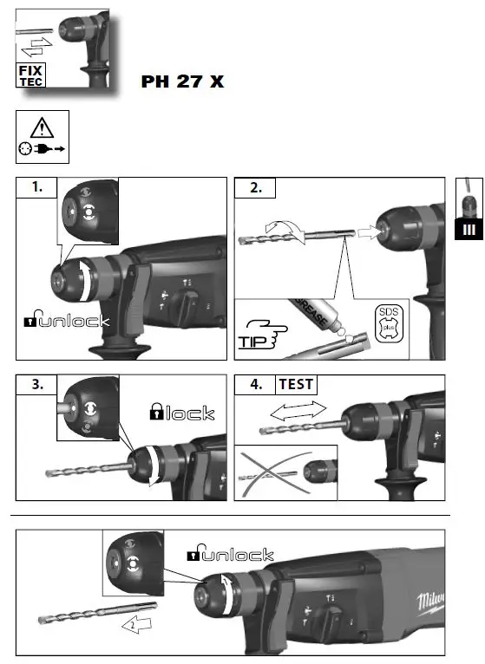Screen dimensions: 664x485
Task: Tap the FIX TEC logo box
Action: tap(31, 75)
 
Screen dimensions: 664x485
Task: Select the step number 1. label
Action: tap(36, 187)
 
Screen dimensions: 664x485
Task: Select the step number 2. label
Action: tap(257, 187)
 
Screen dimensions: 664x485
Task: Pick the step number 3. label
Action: tap(36, 384)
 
